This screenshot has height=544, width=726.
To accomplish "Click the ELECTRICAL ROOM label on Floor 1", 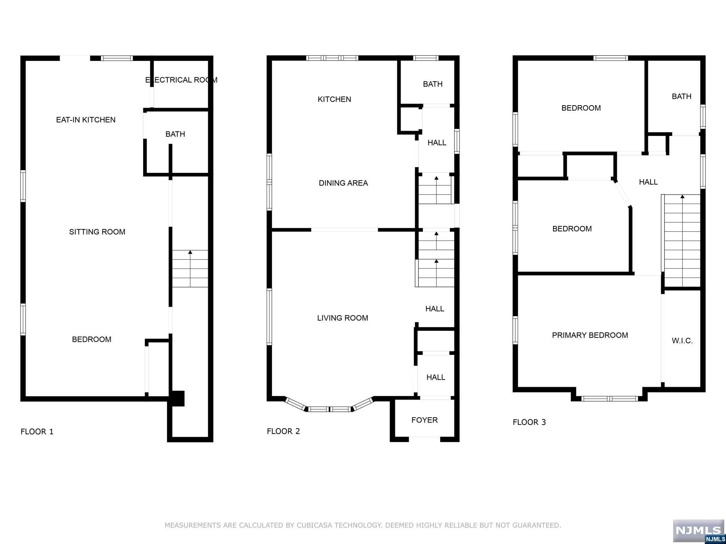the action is tap(181, 80).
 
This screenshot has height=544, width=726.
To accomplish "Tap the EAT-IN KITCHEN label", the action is tap(86, 120).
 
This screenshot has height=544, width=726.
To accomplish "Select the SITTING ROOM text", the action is tap(97, 232).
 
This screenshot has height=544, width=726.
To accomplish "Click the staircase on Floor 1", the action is tap(190, 268).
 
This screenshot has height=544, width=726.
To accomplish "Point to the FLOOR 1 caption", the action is tap(37, 432).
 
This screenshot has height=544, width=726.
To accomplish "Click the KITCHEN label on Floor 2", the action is tap(334, 99).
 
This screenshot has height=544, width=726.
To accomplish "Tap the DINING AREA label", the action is tap(343, 183).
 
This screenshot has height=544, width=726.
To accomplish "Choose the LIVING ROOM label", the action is tap(342, 318).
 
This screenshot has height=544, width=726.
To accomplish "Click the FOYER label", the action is tap(424, 420).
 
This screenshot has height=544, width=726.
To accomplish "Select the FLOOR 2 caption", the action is tap(283, 431).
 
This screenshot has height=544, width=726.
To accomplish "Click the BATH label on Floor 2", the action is tap(432, 84).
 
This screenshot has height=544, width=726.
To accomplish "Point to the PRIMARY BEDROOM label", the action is tap(590, 335).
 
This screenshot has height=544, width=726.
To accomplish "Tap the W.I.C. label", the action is tap(682, 341).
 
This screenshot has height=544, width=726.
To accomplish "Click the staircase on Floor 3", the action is tap(682, 241).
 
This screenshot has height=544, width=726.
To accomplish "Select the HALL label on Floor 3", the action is tap(648, 182).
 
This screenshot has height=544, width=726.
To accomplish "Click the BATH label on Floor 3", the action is tap(681, 96).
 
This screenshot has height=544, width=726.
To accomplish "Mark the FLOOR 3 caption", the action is tap(529, 422).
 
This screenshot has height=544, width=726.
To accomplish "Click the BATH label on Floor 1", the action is tap(175, 134).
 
